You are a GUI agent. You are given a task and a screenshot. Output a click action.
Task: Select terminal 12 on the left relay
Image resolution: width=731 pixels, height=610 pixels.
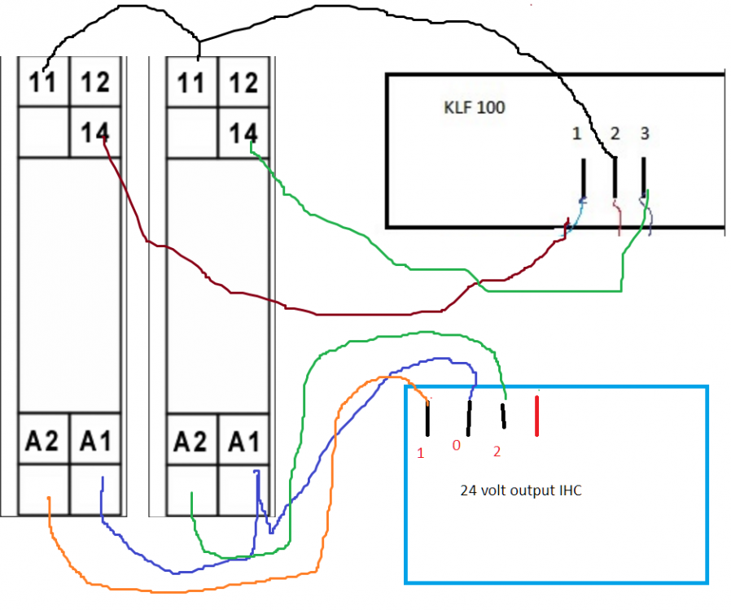tap(95, 83)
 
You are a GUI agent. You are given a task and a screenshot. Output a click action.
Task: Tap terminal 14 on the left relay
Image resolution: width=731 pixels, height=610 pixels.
tap(95, 132)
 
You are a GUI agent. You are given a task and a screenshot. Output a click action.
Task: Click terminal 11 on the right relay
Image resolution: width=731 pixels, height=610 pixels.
tap(192, 83)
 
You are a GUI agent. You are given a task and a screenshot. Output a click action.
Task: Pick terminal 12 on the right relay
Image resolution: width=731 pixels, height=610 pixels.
tap(243, 83)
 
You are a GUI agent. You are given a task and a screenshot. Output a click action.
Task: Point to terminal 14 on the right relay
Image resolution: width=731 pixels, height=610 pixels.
tap(243, 132)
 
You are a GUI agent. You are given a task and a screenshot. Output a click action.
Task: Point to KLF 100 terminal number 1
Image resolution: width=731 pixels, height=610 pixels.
tap(576, 134)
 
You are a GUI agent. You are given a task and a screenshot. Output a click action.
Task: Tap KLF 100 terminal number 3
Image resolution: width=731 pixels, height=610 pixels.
tap(644, 134)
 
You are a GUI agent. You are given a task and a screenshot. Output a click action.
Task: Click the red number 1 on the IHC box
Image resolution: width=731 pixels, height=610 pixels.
tap(421, 453)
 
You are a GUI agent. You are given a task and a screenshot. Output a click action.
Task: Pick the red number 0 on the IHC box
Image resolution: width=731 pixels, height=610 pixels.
tap(457, 446)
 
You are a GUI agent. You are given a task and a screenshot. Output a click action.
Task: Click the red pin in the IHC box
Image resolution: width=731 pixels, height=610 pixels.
tap(536, 416)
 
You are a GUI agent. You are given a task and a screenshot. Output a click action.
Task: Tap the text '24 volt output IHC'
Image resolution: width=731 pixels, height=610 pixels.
tap(520, 490)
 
